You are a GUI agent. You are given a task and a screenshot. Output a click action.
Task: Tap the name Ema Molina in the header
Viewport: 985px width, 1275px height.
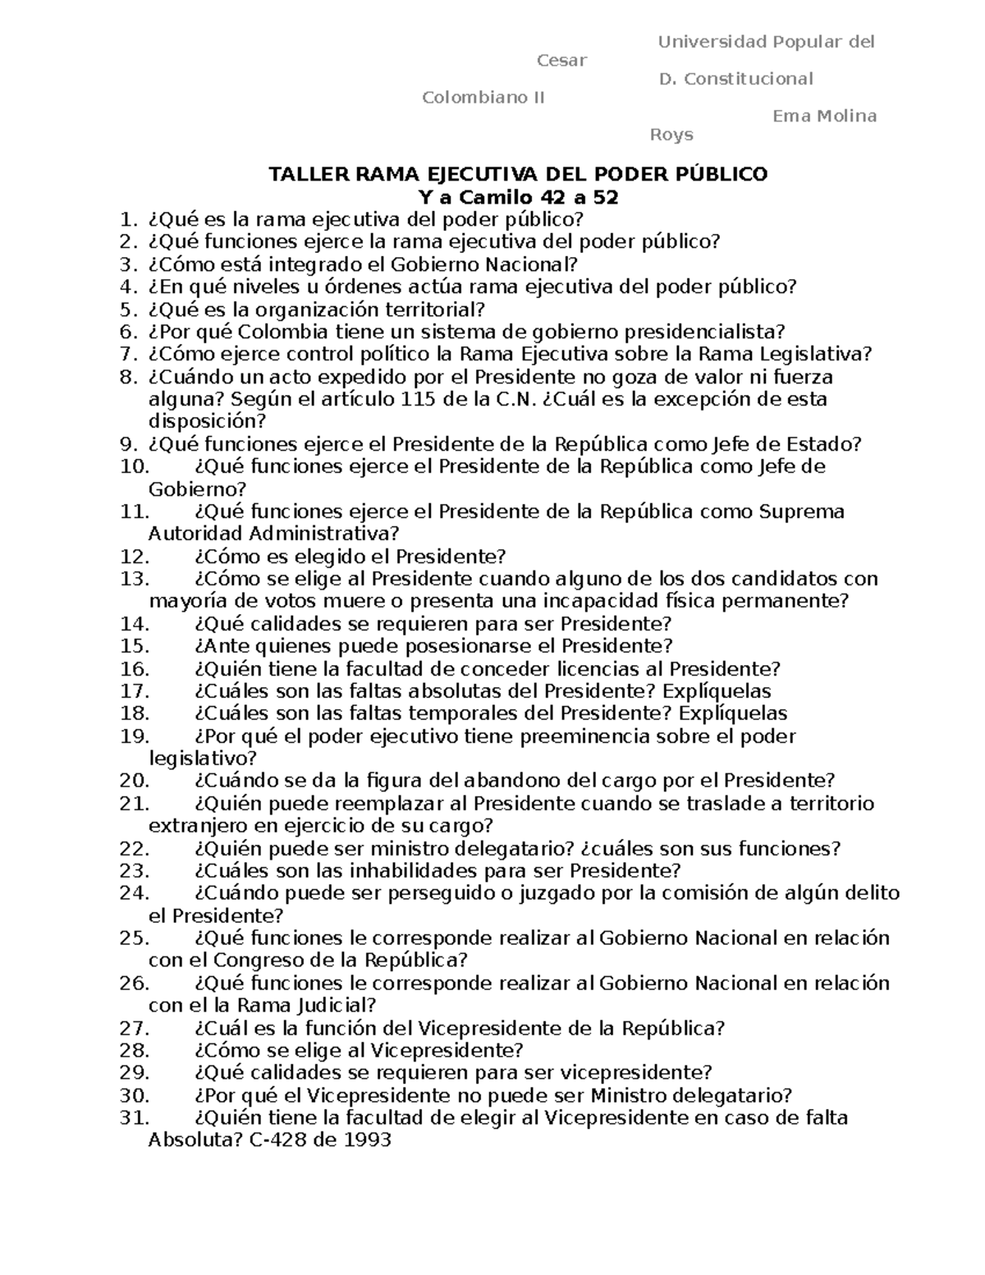[x=824, y=116]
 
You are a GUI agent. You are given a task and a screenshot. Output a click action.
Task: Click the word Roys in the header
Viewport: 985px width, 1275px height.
[x=671, y=135]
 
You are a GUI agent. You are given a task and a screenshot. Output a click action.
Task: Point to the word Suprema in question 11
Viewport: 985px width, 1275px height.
[x=802, y=511]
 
